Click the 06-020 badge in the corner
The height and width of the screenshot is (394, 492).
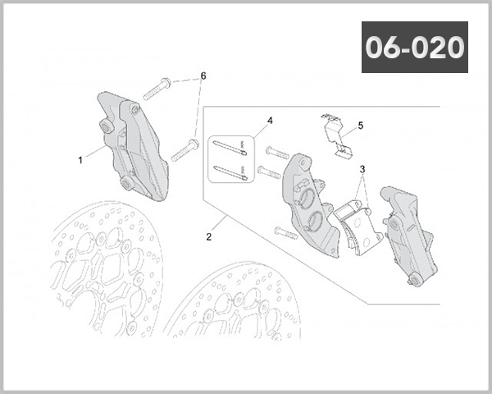coord(414,47)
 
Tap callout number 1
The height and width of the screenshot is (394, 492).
coord(80,160)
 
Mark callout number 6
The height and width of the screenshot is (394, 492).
coord(203,76)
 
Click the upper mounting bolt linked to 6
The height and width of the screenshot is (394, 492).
coord(156,88)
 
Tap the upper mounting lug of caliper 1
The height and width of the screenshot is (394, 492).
coord(106,126)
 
